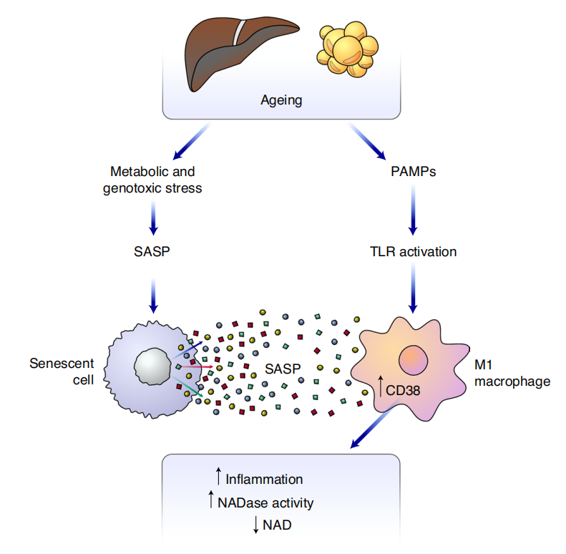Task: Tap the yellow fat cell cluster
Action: pos(347,50)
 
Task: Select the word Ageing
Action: pos(280,100)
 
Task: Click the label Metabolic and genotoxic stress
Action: pos(152,180)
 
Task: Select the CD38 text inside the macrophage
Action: pos(405,392)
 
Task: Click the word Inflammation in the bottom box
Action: pos(264,479)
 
